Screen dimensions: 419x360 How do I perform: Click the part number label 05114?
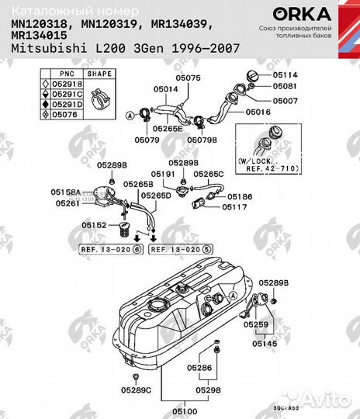click(284, 74)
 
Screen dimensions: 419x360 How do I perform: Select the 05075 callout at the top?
click(187, 78)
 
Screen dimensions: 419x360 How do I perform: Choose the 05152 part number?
click(95, 225)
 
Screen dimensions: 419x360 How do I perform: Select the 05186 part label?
click(239, 198)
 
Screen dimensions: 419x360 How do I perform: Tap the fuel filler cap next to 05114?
click(257, 75)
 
